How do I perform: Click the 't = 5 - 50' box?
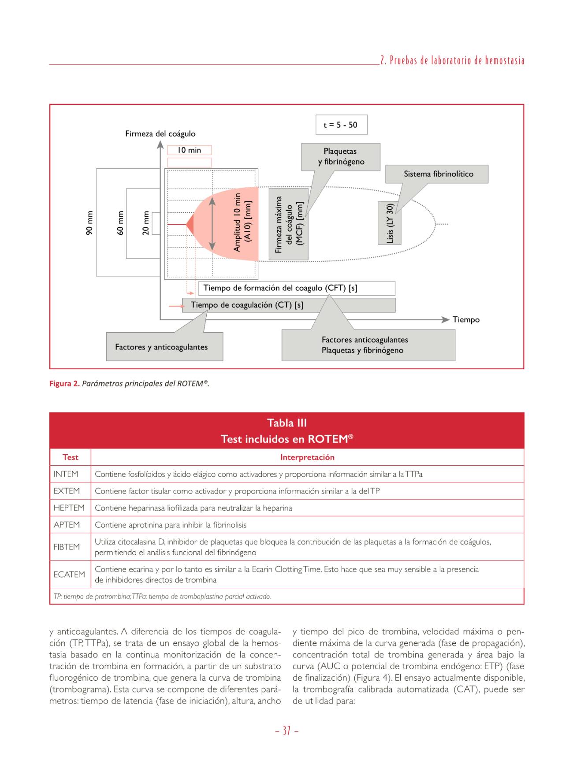(341, 125)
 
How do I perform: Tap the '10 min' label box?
(189, 150)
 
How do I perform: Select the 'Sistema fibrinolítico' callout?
(438, 174)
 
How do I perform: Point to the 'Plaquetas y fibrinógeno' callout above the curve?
(341, 156)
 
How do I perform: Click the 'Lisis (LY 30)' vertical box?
(390, 223)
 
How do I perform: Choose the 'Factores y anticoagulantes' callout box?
(164, 347)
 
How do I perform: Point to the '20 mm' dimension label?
(146, 223)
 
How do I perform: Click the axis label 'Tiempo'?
(466, 320)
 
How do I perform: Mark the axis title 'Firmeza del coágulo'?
(160, 134)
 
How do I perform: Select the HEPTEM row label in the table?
(69, 508)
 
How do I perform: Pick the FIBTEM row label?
(67, 547)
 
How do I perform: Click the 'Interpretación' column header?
(307, 457)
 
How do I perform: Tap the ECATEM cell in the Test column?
(69, 575)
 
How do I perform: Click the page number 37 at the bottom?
(286, 731)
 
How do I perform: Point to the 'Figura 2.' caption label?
(64, 383)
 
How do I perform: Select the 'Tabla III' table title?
(286, 423)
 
